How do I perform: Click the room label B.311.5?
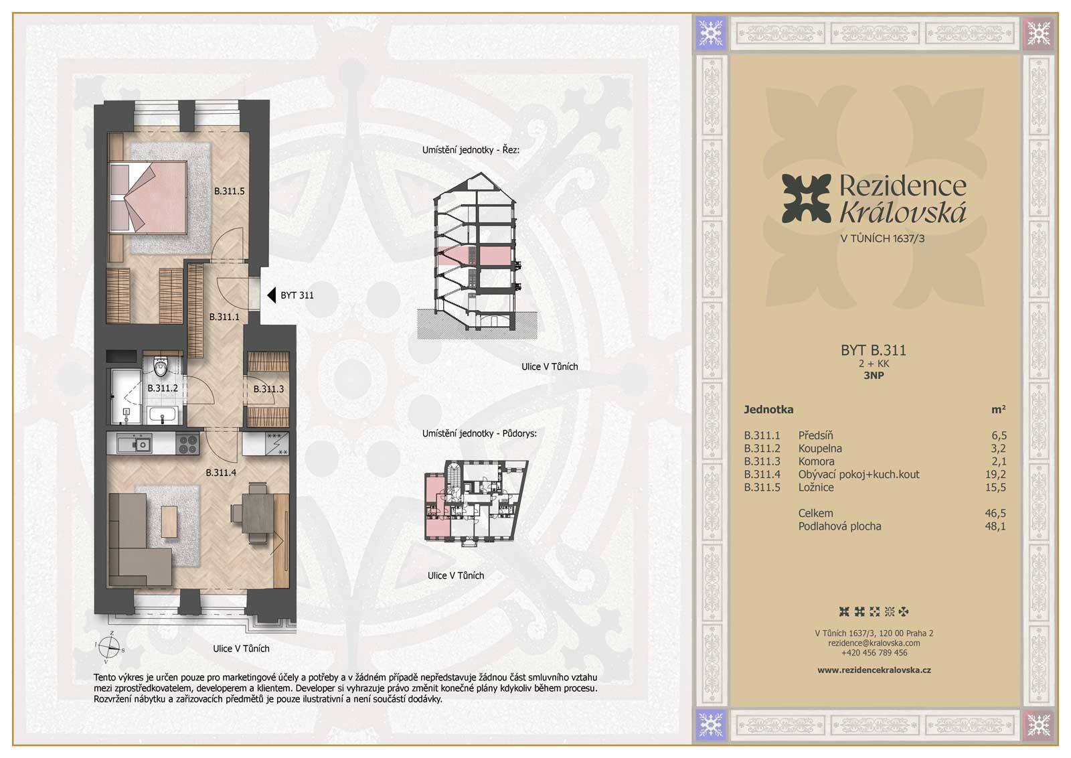click(x=229, y=192)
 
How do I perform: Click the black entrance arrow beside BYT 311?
click(x=271, y=295)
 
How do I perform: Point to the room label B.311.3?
click(x=268, y=389)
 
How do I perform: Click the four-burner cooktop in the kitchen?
click(x=188, y=444)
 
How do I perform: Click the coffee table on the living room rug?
click(x=169, y=521)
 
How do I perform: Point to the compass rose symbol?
click(x=110, y=648)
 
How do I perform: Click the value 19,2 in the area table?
click(x=995, y=474)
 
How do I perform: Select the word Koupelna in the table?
click(x=820, y=449)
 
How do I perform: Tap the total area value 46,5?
click(x=995, y=513)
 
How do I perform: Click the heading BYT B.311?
click(x=874, y=351)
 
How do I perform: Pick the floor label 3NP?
click(x=874, y=376)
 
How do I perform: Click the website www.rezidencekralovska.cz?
click(x=874, y=670)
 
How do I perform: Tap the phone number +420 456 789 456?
click(x=874, y=653)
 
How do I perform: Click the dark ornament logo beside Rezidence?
click(x=806, y=198)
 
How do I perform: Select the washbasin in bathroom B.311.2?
click(x=163, y=415)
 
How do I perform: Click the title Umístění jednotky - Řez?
click(x=471, y=150)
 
